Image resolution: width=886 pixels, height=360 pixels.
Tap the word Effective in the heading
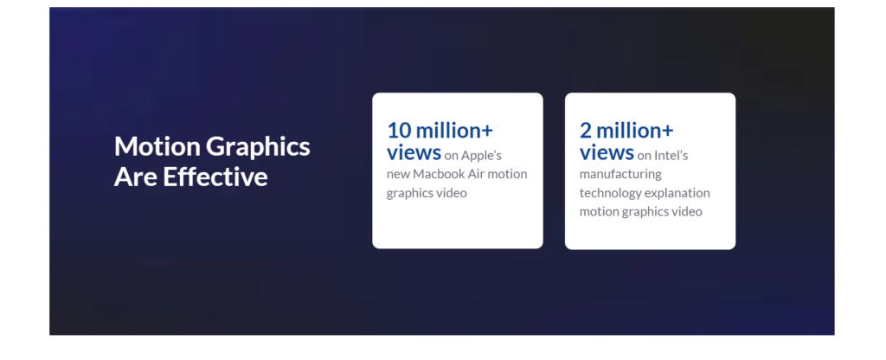click(215, 177)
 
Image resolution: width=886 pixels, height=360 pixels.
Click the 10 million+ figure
click(440, 131)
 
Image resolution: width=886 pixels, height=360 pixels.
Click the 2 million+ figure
click(626, 131)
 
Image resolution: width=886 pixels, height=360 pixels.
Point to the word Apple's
click(481, 156)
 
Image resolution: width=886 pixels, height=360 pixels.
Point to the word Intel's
click(671, 156)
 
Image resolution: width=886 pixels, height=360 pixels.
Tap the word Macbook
click(440, 174)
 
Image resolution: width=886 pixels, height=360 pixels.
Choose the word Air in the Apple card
click(478, 174)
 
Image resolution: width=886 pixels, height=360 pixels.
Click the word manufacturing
click(620, 175)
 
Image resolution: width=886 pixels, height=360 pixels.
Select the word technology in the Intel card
click(610, 193)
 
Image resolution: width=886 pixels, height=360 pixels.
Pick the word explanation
click(677, 193)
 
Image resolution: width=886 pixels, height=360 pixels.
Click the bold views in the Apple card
click(414, 152)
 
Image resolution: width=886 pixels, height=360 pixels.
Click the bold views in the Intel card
click(607, 152)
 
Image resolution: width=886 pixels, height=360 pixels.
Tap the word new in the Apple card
click(398, 175)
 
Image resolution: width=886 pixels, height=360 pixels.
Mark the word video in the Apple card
click(452, 193)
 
